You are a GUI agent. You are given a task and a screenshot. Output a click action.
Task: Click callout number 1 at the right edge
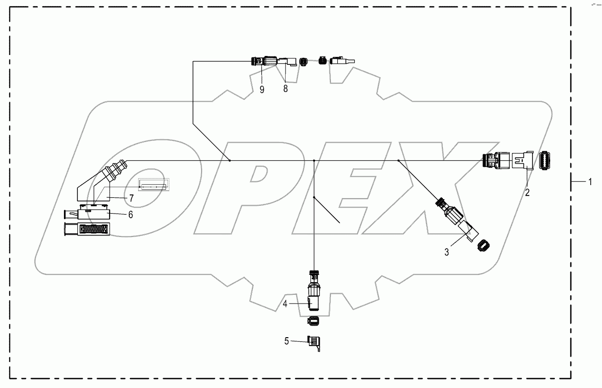coord(590,182)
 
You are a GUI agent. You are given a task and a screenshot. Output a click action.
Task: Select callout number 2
coord(527,192)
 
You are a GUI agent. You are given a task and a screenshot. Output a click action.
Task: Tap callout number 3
coord(447,252)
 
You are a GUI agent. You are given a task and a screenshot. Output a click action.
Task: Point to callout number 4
coord(285,303)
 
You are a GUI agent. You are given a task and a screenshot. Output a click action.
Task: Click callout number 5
coord(286,341)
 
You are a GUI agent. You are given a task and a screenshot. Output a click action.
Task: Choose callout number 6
coord(131,214)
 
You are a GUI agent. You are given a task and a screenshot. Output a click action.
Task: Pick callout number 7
coord(132,198)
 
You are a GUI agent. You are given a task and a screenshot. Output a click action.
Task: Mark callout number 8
coord(286,89)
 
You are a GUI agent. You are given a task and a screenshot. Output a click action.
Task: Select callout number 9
coord(262,89)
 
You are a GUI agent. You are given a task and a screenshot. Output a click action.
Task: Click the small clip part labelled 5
coord(315,343)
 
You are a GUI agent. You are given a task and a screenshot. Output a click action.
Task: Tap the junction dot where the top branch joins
coord(230,160)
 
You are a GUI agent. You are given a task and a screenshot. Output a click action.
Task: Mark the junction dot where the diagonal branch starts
coord(398,160)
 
